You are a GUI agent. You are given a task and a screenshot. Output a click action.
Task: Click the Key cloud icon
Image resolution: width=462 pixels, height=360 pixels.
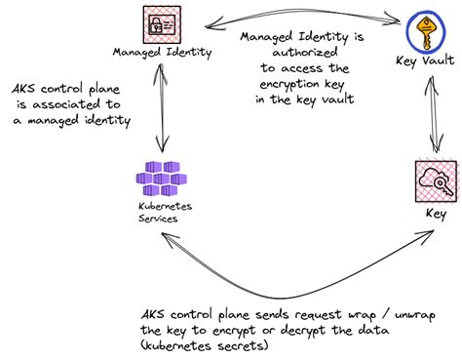431,180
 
